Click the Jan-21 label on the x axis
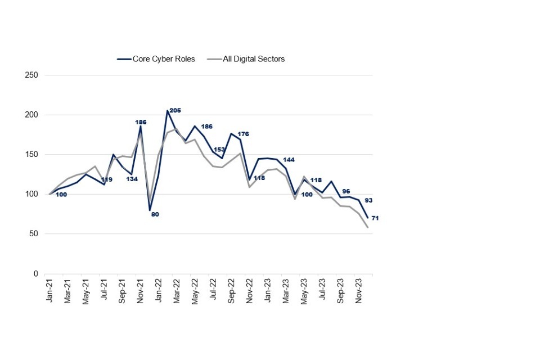tap(50, 290)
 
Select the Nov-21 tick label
tap(141, 290)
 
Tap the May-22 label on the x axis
tap(195, 290)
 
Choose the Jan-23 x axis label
tap(268, 290)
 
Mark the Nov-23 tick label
tap(359, 290)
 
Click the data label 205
tap(175, 111)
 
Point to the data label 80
tap(155, 214)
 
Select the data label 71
tap(375, 218)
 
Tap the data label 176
tap(244, 134)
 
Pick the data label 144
tap(289, 160)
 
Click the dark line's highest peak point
tap(168, 111)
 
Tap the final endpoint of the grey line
tap(368, 227)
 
